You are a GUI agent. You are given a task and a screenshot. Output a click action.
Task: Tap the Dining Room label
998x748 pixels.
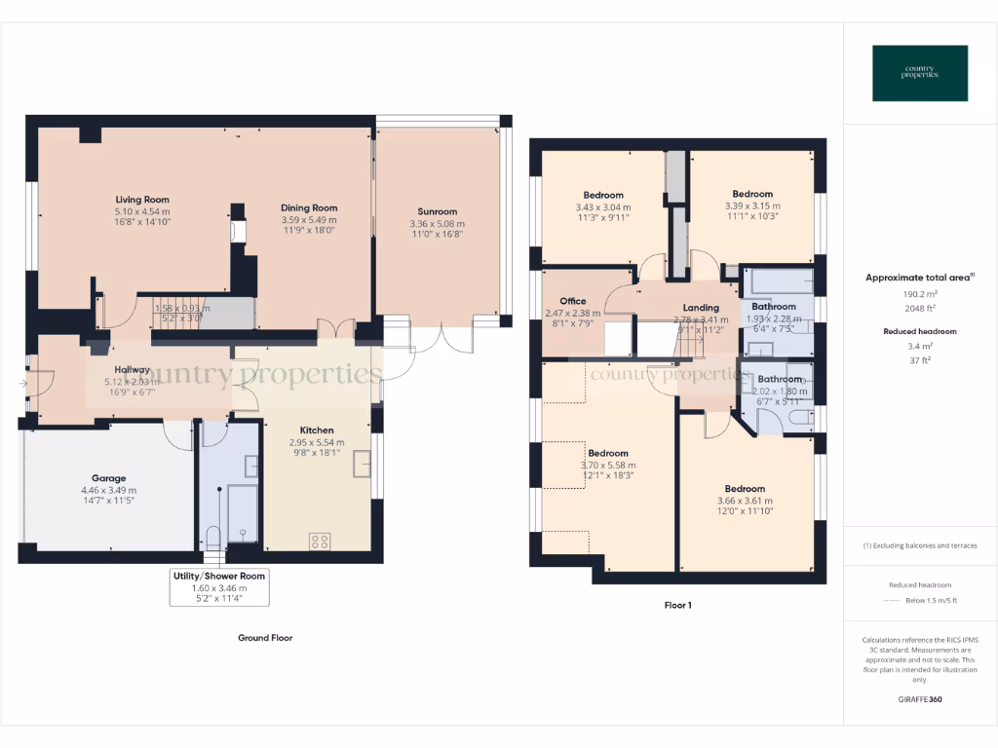point(309,207)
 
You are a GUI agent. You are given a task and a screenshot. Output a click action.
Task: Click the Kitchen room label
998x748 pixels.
point(317,430)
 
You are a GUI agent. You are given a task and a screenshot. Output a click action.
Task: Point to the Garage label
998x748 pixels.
point(109,478)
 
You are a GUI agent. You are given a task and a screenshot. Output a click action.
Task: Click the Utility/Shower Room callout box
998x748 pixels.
point(219,587)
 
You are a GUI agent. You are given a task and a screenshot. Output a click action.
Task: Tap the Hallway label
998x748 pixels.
point(132,369)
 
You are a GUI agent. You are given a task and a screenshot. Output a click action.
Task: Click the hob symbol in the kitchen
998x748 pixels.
point(320,542)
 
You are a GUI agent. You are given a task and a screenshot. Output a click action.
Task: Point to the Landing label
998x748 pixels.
point(701,308)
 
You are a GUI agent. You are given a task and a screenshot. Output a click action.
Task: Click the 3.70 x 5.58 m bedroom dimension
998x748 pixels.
point(608,466)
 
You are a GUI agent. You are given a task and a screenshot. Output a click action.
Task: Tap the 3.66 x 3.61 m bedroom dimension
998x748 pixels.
point(745,501)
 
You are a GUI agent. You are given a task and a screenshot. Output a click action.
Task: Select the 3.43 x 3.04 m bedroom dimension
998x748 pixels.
point(602,206)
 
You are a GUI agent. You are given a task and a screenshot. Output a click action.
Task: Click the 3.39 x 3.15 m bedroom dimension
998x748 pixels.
point(752,206)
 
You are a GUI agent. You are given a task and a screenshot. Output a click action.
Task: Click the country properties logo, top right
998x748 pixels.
point(920,73)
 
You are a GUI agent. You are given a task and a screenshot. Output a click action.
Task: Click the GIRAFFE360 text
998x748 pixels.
point(919,698)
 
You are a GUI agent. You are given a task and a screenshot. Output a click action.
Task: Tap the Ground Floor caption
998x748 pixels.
point(265,638)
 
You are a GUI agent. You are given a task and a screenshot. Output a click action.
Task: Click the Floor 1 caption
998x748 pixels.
point(677,605)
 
